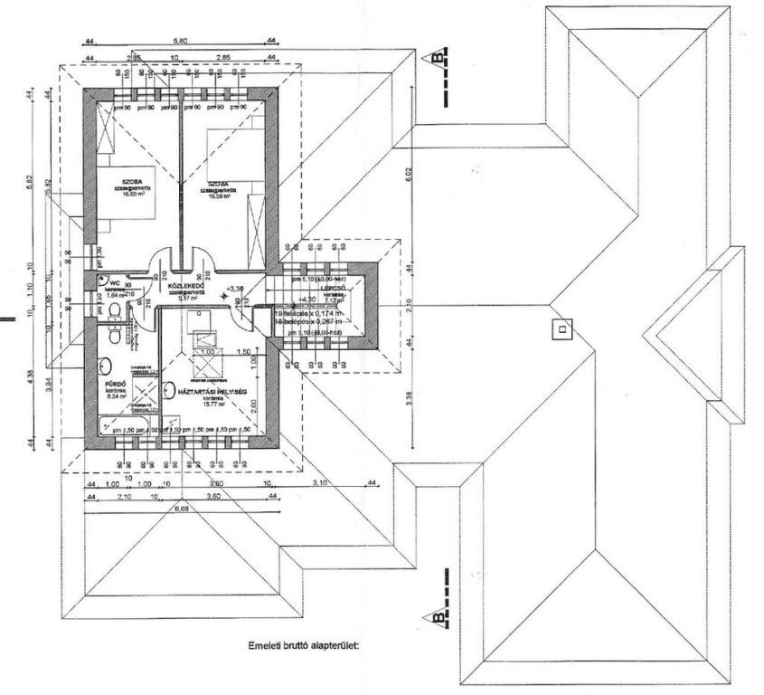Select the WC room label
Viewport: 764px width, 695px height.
[x=104, y=281]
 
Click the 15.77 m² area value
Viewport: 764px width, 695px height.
[x=213, y=405]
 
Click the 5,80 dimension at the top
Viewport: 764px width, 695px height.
[x=180, y=42]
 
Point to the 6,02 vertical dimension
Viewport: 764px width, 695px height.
[x=407, y=178]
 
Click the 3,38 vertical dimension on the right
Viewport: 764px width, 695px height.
[x=407, y=395]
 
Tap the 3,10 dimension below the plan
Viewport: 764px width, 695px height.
[x=319, y=485]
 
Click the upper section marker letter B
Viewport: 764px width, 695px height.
[x=439, y=58]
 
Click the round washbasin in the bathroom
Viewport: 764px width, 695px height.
[x=106, y=367]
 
